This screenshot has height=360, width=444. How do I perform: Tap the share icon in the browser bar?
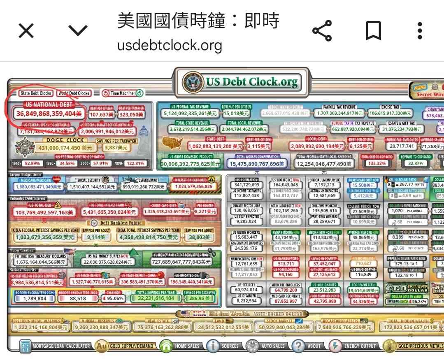322,31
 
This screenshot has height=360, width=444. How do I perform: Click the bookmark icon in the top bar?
373,31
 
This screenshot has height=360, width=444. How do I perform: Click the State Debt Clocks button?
36,93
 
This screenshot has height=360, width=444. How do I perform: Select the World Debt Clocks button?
74,93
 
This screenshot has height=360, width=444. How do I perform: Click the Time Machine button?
122,93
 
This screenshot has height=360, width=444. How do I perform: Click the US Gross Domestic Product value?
191,164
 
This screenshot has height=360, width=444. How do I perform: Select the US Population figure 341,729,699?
246,185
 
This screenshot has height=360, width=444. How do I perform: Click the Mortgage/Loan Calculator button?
56,346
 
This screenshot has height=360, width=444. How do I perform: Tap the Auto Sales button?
267,346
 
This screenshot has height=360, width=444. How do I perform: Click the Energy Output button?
353,346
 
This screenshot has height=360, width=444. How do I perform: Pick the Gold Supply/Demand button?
126,346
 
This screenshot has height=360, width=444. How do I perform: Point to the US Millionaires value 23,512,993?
324,290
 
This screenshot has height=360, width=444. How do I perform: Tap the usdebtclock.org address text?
170,45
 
